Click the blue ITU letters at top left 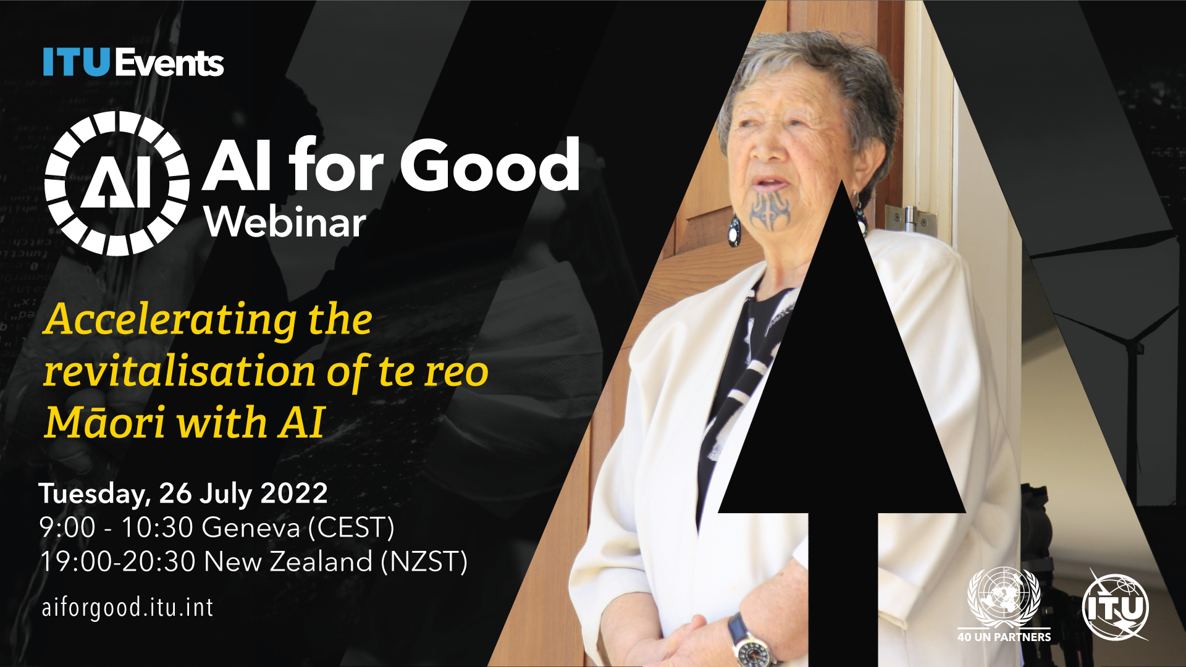click(x=77, y=62)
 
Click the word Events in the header click(x=169, y=62)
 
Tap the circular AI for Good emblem click(x=117, y=183)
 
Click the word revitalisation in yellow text click(x=180, y=372)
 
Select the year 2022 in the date click(x=294, y=493)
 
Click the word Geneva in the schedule click(x=251, y=528)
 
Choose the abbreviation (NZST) click(x=424, y=562)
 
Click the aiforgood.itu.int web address click(x=127, y=608)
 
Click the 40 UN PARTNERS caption click(x=1004, y=637)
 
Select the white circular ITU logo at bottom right click(x=1116, y=607)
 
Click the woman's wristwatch click(x=749, y=642)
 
